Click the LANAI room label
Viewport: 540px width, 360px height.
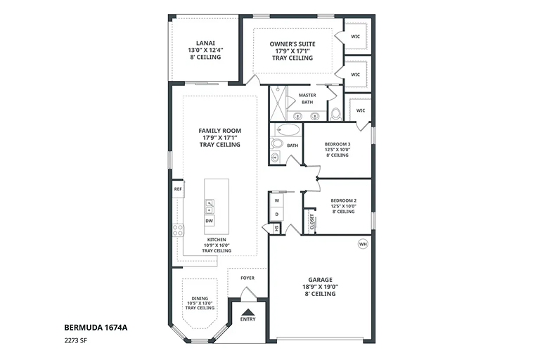tap(205, 43)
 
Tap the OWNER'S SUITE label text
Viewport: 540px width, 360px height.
tap(292, 44)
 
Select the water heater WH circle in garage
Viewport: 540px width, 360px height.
tap(363, 244)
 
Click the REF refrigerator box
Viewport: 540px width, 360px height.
tap(178, 189)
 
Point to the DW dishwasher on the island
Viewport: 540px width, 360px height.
tap(209, 221)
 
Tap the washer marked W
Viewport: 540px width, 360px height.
tap(277, 200)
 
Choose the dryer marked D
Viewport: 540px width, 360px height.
tap(277, 214)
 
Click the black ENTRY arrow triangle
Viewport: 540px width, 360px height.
tap(247, 311)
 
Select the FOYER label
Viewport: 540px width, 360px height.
tap(247, 278)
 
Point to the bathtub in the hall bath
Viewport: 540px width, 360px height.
tap(288, 130)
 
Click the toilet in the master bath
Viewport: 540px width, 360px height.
tap(335, 114)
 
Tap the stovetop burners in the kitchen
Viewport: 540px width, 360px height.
tap(178, 230)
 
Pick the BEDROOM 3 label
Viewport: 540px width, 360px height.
tap(337, 144)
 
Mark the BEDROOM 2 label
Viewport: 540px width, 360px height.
tap(343, 200)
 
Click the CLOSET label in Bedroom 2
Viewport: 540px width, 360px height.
tap(312, 222)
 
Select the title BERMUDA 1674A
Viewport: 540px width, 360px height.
tap(96, 327)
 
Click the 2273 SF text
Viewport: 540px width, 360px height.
tap(75, 341)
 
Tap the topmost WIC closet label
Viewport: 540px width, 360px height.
tap(355, 36)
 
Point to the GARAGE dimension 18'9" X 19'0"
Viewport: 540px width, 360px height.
tap(321, 287)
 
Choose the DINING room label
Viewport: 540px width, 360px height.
tap(200, 298)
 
